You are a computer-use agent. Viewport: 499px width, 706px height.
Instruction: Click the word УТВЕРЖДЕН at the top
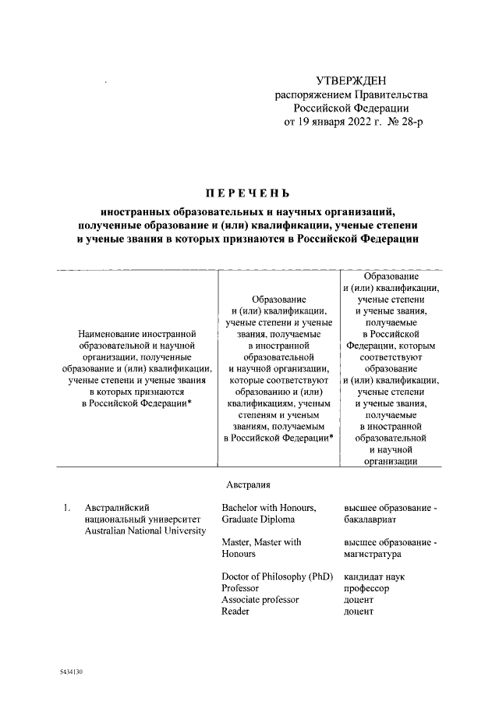click(x=350, y=80)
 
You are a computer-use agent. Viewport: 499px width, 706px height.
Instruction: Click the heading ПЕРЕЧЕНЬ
click(x=246, y=193)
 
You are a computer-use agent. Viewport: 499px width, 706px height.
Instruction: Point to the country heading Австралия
click(x=248, y=484)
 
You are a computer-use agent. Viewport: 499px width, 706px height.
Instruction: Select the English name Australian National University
click(x=145, y=531)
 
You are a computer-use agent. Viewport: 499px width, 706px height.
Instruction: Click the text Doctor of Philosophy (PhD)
click(x=277, y=577)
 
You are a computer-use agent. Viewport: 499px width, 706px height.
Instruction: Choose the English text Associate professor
click(x=260, y=600)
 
